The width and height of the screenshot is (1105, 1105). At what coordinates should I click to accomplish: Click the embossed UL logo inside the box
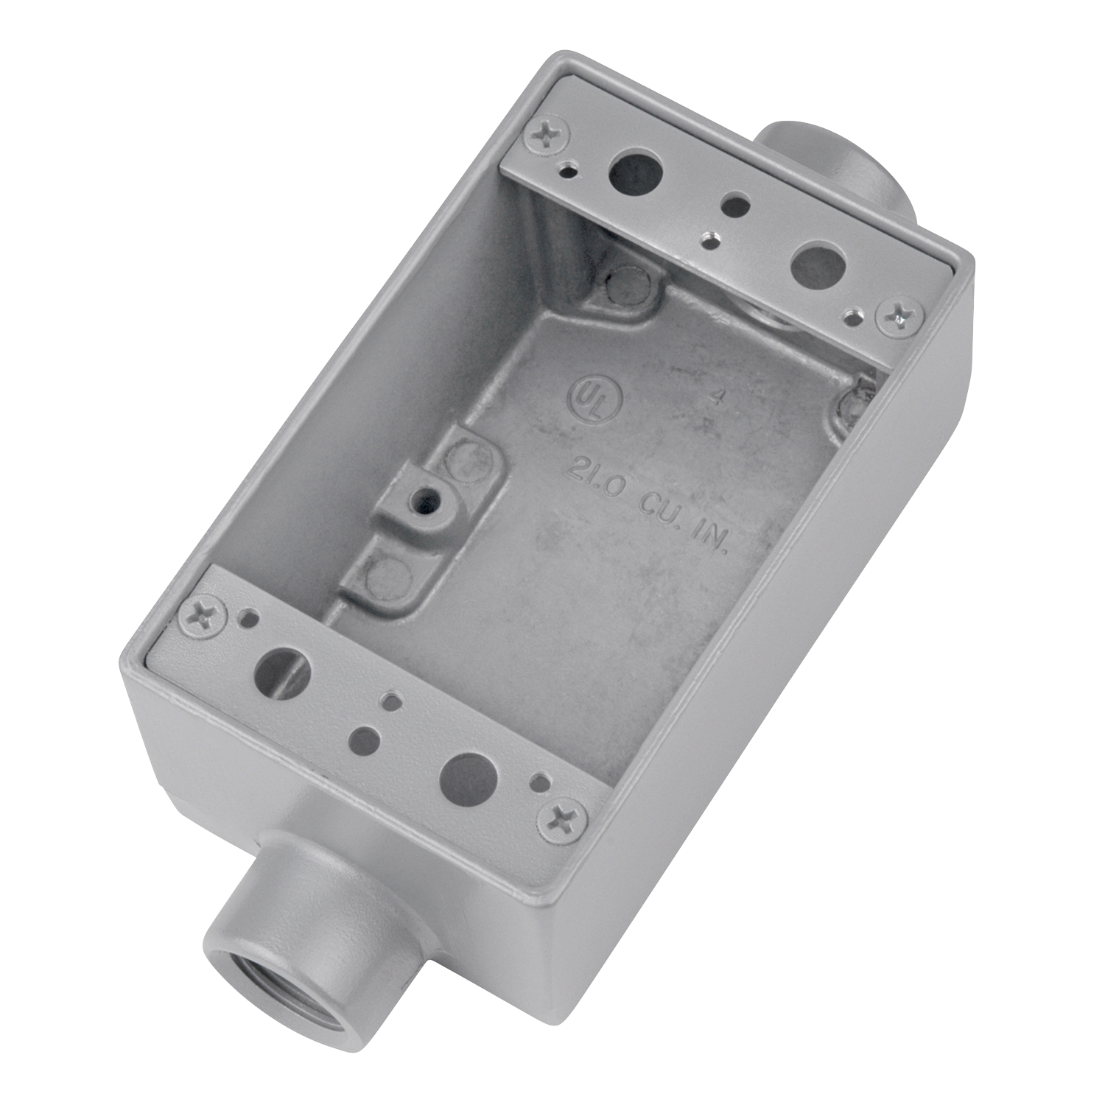click(594, 399)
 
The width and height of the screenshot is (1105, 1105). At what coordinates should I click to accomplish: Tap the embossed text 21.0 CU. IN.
click(648, 507)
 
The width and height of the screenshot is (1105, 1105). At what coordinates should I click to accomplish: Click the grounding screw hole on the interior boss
click(424, 502)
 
